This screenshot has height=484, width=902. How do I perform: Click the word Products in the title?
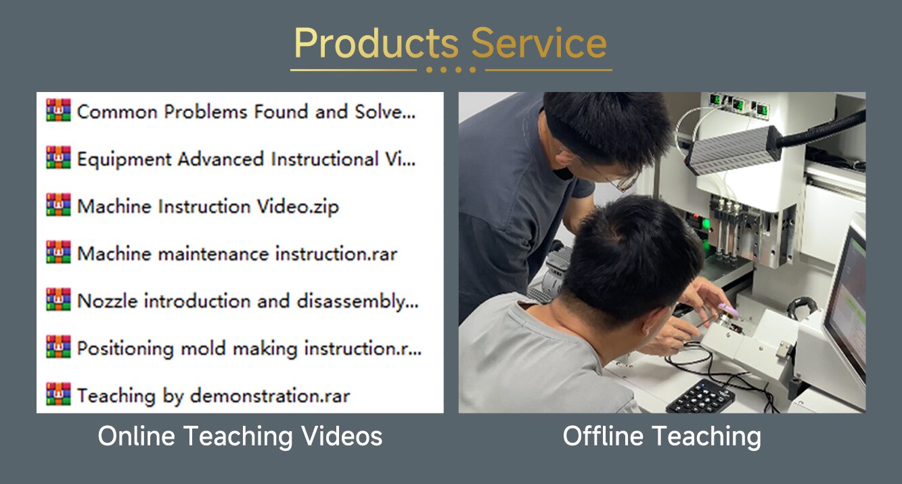[x=376, y=43]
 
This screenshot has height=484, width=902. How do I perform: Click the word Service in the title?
[x=539, y=43]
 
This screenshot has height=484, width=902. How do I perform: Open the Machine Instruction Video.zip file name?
[x=208, y=206]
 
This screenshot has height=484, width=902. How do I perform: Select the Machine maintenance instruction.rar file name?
[x=238, y=254]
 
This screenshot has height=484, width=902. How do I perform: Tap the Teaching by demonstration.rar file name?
[x=213, y=395]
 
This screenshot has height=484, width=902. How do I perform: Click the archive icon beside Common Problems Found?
[x=58, y=110]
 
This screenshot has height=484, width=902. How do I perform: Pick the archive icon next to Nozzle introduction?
[x=58, y=299]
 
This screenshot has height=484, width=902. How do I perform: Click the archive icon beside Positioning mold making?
[x=58, y=347]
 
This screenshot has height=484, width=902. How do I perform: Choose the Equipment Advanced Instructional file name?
[x=246, y=159]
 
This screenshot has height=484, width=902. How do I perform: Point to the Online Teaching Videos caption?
[x=240, y=436]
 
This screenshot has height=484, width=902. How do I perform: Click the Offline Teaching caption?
[x=662, y=436]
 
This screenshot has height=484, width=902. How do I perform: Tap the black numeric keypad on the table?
[x=700, y=397]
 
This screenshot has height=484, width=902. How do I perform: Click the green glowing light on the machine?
[x=706, y=223]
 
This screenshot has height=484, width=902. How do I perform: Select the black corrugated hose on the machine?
[x=821, y=128]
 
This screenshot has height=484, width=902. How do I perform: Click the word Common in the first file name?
[x=117, y=112]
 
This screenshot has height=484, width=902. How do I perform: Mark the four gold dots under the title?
[x=451, y=70]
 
